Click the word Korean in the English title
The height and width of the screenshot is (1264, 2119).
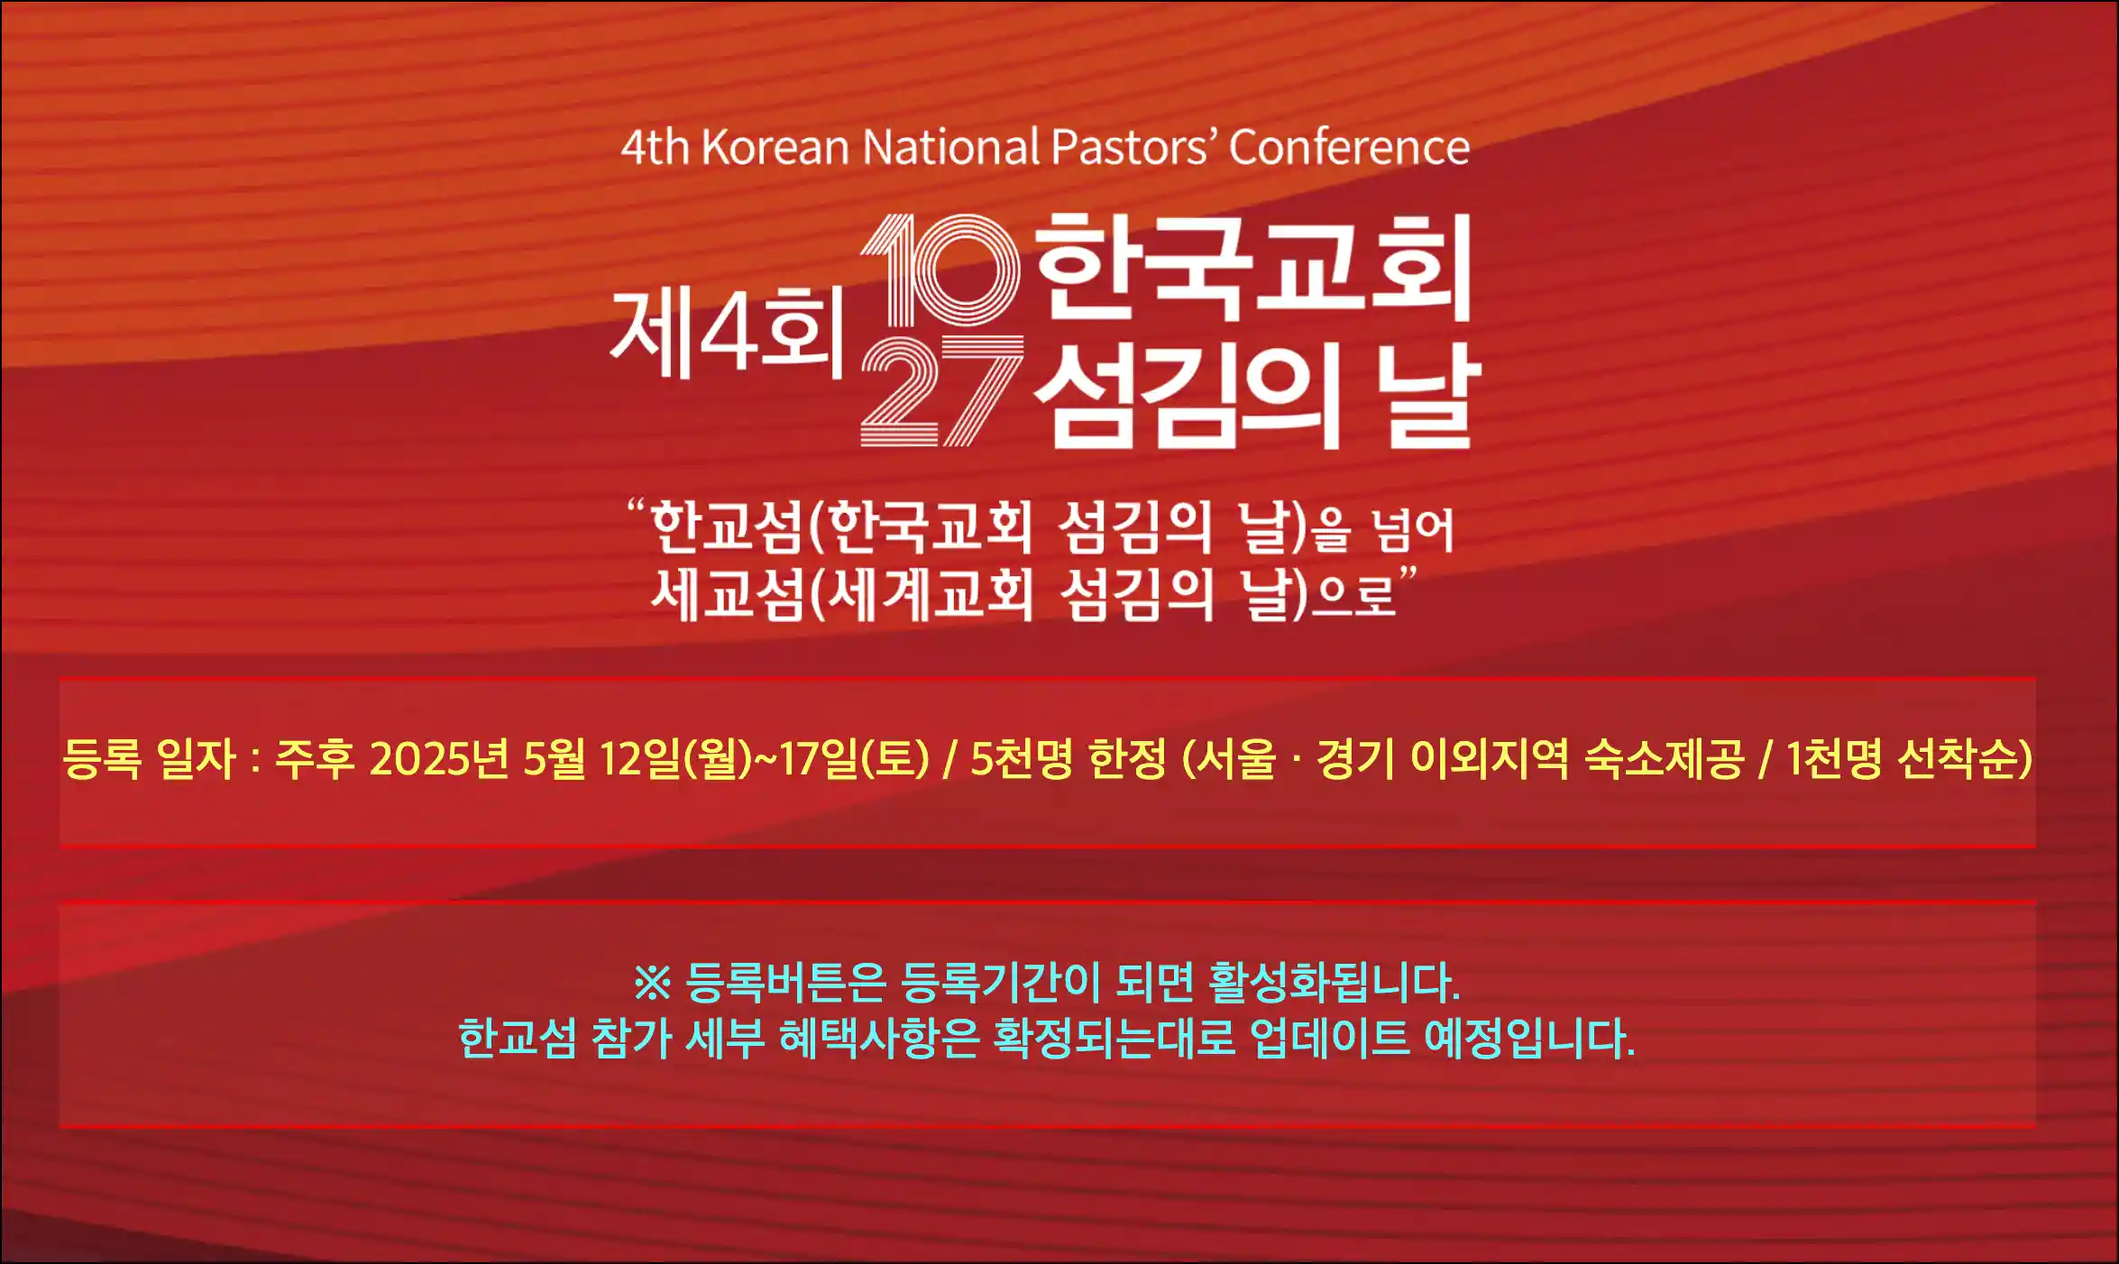(x=775, y=147)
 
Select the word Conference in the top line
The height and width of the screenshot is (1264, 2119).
(x=1349, y=147)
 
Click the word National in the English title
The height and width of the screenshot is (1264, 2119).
(x=950, y=147)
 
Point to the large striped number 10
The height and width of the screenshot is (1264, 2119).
(x=940, y=270)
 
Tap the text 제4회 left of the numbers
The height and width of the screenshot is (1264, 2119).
(x=726, y=333)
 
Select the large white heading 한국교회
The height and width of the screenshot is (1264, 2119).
(x=1253, y=268)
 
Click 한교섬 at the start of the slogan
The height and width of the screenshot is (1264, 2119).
(x=726, y=527)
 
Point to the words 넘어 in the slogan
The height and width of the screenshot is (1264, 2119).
(x=1412, y=529)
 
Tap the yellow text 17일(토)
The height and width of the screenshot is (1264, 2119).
(x=853, y=758)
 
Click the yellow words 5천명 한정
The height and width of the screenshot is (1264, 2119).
(x=1068, y=758)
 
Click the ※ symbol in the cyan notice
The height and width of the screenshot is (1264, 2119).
(x=652, y=983)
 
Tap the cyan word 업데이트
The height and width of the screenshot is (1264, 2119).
(x=1329, y=1039)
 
